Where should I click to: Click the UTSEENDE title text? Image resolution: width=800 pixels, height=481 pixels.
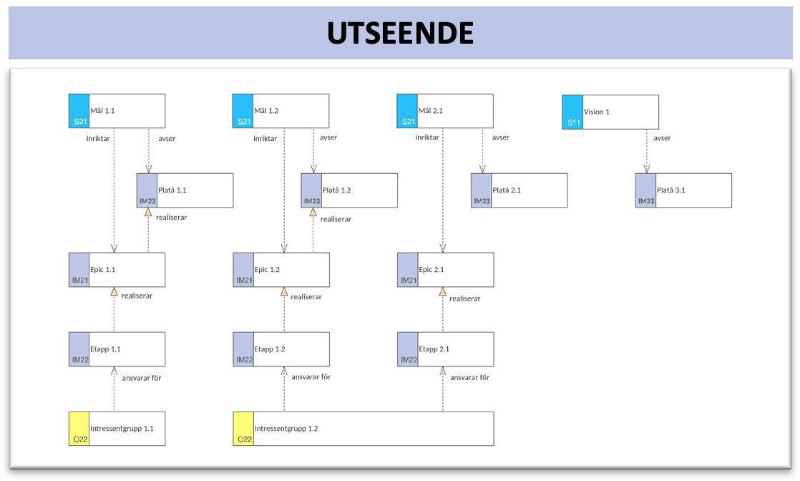pos(400,33)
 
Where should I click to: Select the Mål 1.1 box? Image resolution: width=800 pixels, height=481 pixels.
pos(117,111)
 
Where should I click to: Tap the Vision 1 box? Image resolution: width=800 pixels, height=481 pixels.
pos(610,112)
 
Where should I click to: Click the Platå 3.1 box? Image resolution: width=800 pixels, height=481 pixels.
pos(683,190)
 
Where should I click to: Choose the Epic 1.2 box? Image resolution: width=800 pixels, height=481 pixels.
pos(281,270)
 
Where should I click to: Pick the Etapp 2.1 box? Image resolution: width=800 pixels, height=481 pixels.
pos(445,349)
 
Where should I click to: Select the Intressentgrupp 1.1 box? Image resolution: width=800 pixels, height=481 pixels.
pos(117,429)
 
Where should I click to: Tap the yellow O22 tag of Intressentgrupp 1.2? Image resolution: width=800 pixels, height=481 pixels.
pos(243,429)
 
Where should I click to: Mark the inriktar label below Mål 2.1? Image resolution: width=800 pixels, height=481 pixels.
pos(427,137)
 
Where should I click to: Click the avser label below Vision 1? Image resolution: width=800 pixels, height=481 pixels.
pos(662,138)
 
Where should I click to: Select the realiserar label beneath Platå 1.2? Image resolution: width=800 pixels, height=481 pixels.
pos(336,219)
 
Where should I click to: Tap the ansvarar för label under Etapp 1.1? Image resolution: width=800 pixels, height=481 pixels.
pos(141,378)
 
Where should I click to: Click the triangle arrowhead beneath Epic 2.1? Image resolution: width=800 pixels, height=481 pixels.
pos(443,291)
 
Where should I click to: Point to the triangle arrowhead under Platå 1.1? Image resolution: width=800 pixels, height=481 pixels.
pos(148,212)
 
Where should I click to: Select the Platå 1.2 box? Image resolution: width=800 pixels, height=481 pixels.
pos(349,190)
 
